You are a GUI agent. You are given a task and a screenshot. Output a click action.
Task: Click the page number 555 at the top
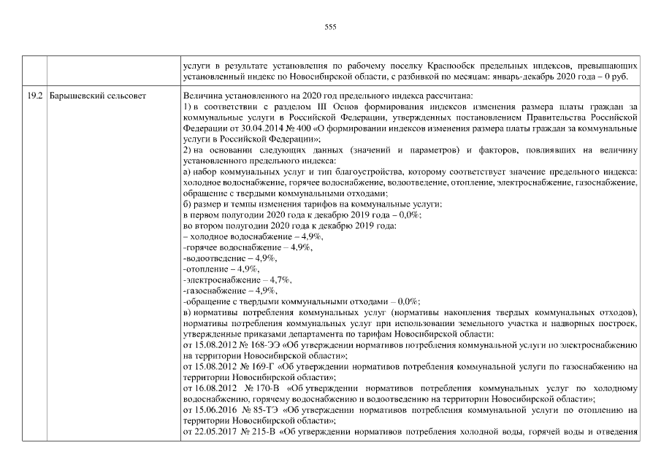330,27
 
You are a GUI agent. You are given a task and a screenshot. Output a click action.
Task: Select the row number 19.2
34,96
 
